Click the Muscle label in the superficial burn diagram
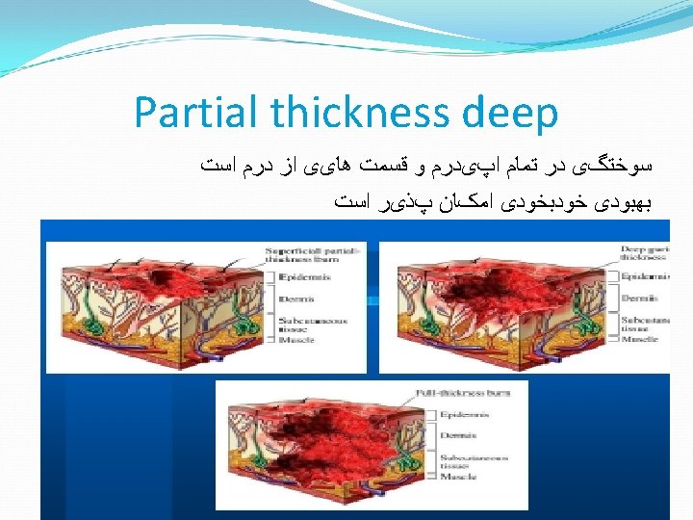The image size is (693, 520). point(295,340)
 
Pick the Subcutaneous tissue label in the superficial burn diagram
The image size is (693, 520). point(306,323)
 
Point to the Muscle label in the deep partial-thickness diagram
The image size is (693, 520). point(639,339)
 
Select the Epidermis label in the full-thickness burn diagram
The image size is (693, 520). point(464,415)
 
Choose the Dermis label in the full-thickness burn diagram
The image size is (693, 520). point(458,435)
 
